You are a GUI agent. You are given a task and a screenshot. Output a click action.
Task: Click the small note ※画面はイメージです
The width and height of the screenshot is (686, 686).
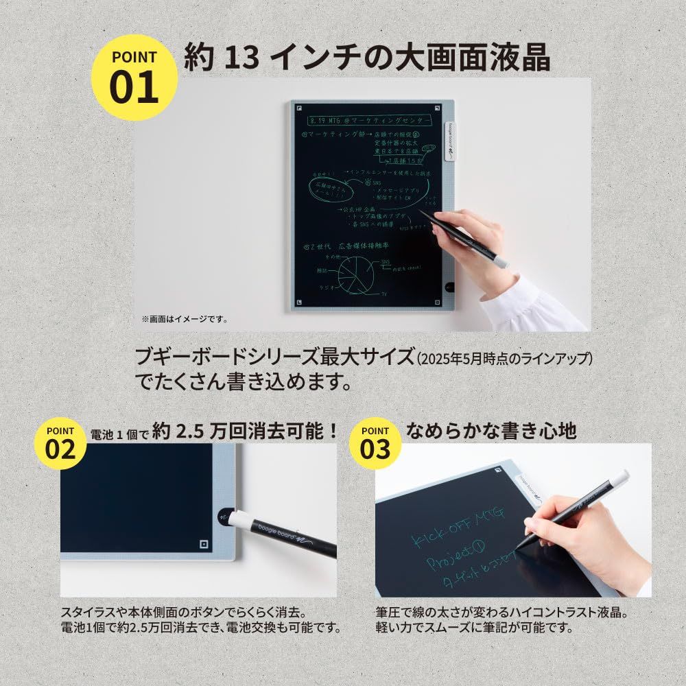(185, 319)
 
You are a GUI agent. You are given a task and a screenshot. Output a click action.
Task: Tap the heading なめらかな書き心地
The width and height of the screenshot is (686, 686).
(491, 431)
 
